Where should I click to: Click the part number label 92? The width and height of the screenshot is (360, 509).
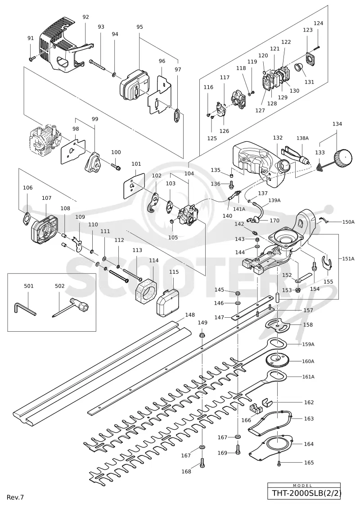[x=85, y=17]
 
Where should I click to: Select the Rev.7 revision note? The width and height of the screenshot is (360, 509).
[x=15, y=497]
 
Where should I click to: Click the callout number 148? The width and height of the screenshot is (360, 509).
[x=190, y=315]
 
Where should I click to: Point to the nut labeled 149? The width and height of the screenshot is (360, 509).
[x=202, y=333]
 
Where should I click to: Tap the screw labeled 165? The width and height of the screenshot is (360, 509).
[x=279, y=463]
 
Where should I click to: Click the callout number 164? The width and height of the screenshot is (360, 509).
[x=309, y=444]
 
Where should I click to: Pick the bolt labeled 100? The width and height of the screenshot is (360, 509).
[x=116, y=166]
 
